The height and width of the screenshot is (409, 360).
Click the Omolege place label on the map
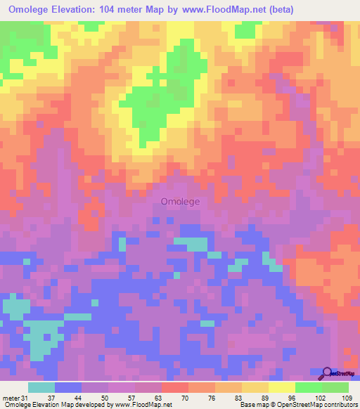click(x=181, y=201)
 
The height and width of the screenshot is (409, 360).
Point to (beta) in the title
click(x=276, y=9)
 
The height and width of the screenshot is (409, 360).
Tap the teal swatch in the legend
click(x=41, y=387)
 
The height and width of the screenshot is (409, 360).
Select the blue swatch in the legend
click(x=68, y=387)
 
